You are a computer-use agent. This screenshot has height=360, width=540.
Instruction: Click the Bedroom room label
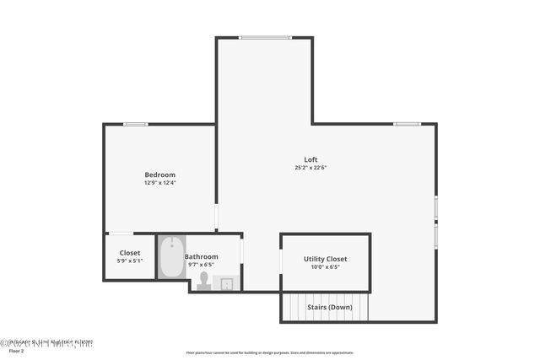(159, 175)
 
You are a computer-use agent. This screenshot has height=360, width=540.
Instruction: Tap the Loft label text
(311, 160)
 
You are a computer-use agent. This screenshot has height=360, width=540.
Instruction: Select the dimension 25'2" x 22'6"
(311, 168)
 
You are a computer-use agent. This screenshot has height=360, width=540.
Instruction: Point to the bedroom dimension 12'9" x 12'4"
(159, 182)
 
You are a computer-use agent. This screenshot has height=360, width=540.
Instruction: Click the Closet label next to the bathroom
(130, 253)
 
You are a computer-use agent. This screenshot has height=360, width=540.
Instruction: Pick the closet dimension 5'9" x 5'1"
(130, 261)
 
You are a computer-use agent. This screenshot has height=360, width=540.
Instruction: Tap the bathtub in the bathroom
(172, 257)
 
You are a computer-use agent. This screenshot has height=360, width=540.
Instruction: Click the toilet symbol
(203, 281)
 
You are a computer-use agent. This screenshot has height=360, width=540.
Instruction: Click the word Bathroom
(202, 256)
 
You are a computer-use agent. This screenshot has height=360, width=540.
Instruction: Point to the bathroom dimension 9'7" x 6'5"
(202, 264)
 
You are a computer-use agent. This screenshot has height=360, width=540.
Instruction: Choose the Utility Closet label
(325, 259)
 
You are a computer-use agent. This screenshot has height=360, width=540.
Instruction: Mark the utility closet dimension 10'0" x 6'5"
(325, 267)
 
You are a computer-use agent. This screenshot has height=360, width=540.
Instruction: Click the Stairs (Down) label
(328, 307)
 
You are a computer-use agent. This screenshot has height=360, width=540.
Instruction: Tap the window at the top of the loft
(264, 37)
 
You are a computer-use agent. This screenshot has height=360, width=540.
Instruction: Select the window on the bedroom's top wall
(135, 125)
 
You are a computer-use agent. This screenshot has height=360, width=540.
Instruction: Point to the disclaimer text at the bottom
(270, 353)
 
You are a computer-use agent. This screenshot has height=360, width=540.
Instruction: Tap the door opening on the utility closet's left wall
(281, 261)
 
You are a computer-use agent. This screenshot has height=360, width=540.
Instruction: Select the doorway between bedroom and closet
(120, 234)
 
